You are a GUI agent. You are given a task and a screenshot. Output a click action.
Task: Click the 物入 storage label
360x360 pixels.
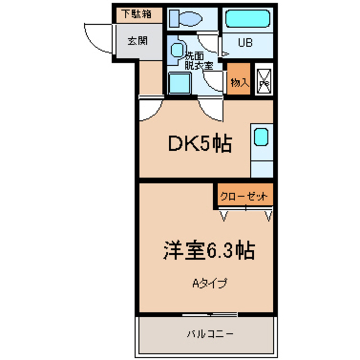click(239, 83)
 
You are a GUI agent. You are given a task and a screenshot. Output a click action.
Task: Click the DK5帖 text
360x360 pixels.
click(200, 145)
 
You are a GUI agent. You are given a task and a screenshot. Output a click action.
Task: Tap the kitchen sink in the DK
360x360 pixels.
click(260, 137)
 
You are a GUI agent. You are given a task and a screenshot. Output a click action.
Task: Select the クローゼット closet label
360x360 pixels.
click(244, 196)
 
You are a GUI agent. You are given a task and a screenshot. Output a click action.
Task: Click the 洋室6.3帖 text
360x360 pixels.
click(210, 249)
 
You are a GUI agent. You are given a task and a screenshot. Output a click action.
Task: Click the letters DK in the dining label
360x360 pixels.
click(181, 145)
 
